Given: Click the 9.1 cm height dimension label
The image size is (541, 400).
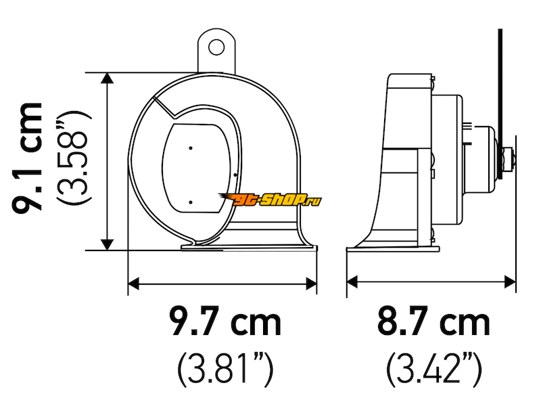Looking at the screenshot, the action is coord(27,158).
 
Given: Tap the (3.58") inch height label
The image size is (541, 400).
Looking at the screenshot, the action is coord(74,158).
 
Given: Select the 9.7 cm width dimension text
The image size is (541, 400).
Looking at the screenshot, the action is coord(226,322).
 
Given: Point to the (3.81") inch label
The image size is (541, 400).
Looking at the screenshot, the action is coord(226,369).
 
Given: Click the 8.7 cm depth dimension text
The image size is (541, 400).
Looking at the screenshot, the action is coord(433,322).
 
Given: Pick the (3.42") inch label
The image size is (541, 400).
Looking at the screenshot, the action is coord(433,369).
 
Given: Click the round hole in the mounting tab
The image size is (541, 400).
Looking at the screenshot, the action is coord(216,47).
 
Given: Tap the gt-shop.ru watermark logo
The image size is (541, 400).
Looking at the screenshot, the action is coord(270,199).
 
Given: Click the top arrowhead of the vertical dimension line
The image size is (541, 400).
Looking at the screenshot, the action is coord(108,78).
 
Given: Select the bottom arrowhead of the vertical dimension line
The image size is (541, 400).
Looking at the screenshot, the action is coord(108,244).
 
